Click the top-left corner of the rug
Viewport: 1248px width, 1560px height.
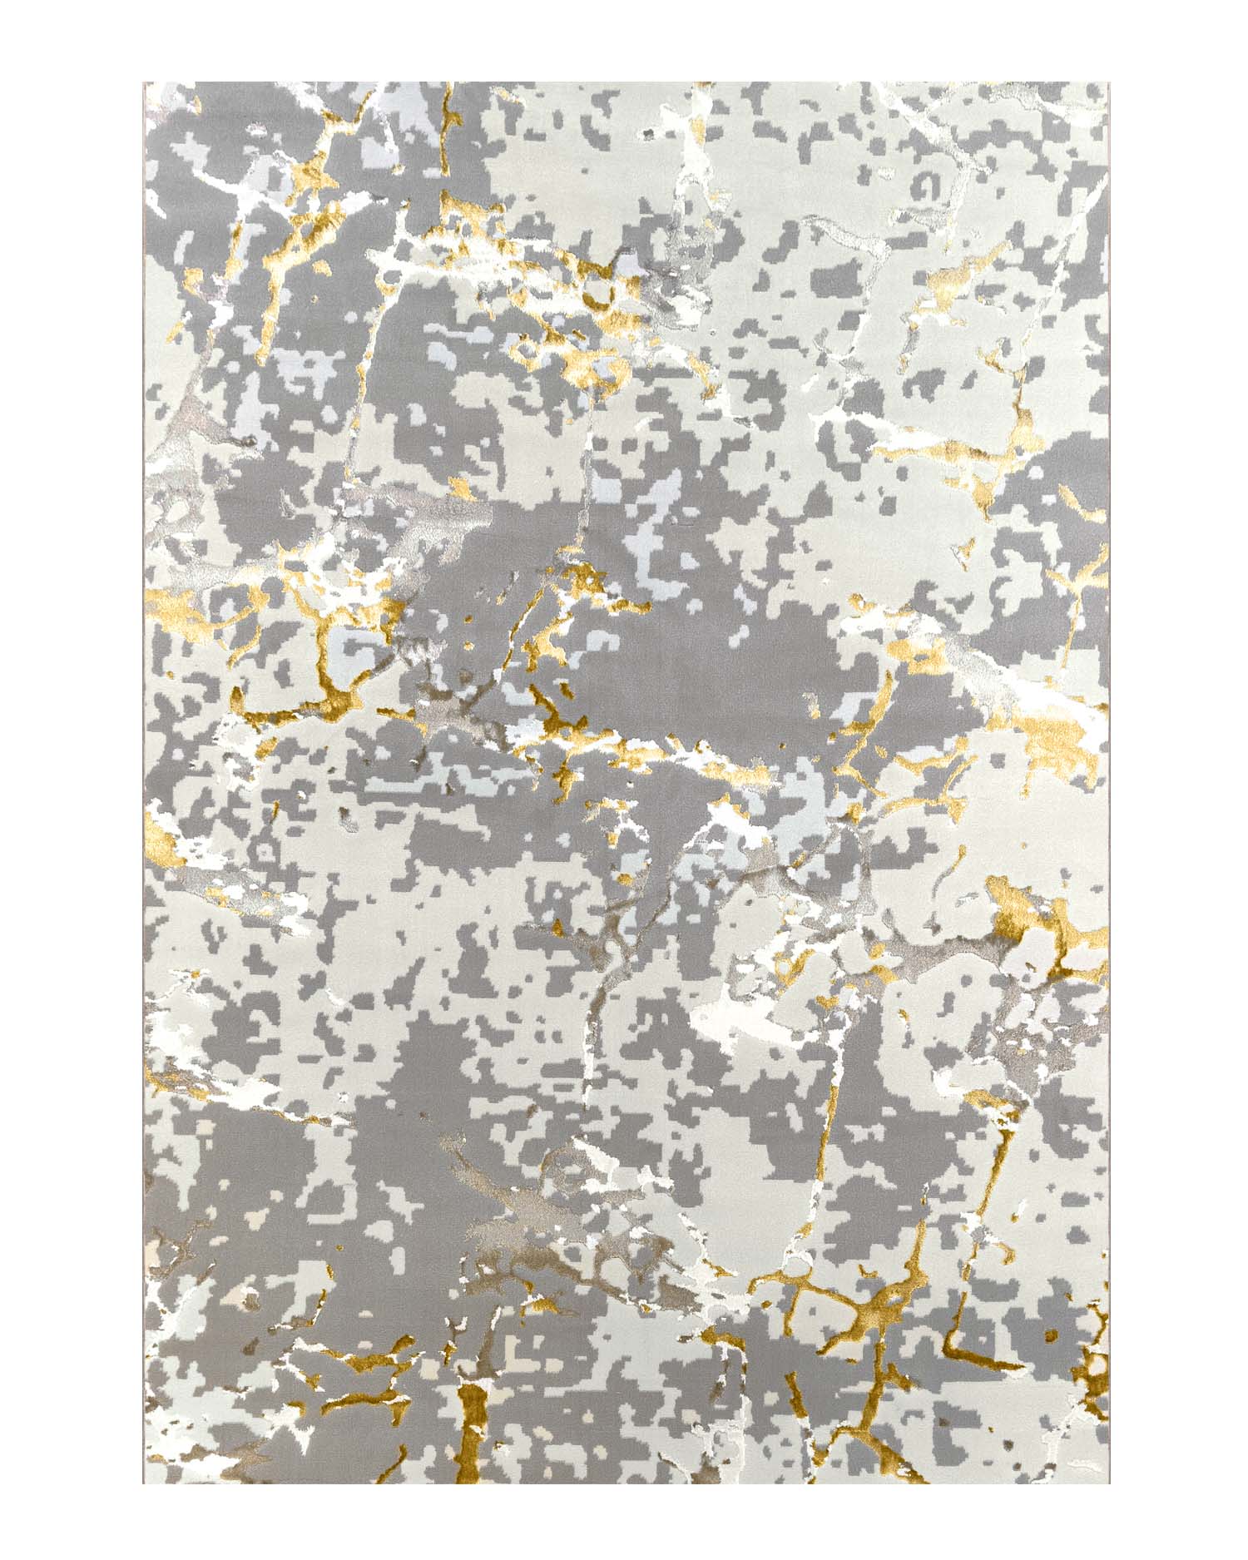coord(144,83)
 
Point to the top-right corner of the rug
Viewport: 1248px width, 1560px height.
coord(1110,83)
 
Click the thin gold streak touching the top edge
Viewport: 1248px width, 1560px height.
coord(449,108)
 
